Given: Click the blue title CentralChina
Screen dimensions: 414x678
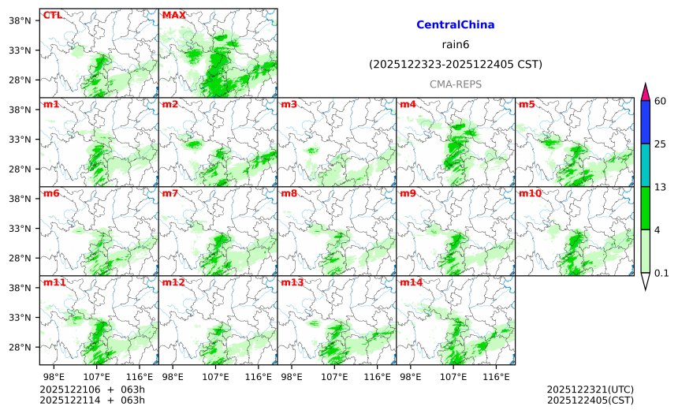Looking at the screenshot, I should pyautogui.click(x=455, y=25).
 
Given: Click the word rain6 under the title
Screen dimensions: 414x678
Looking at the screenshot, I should pyautogui.click(x=455, y=44).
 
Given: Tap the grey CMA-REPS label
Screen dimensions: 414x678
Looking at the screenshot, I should pyautogui.click(x=455, y=84).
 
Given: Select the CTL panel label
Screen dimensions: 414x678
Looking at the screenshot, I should pyautogui.click(x=53, y=15).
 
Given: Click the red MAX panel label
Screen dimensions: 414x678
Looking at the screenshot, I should pyautogui.click(x=173, y=15).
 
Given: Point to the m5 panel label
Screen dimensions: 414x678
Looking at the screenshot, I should pyautogui.click(x=527, y=104).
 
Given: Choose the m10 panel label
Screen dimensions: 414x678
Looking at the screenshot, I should pyautogui.click(x=529, y=193).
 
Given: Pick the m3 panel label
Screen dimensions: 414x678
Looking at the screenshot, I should pyautogui.click(x=289, y=104).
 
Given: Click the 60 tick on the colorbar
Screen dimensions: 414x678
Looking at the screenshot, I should pyautogui.click(x=660, y=101).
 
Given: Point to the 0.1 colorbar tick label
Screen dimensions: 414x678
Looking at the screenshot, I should pyautogui.click(x=661, y=273).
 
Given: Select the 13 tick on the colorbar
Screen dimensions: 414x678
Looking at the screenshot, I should pyautogui.click(x=660, y=186).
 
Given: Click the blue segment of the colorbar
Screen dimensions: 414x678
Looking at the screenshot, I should pyautogui.click(x=645, y=122).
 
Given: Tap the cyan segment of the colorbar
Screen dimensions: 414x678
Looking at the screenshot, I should pyautogui.click(x=645, y=165).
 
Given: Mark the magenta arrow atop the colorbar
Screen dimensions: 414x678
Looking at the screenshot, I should pyautogui.click(x=645, y=91).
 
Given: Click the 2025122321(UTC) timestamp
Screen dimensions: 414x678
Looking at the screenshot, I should pyautogui.click(x=590, y=390).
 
